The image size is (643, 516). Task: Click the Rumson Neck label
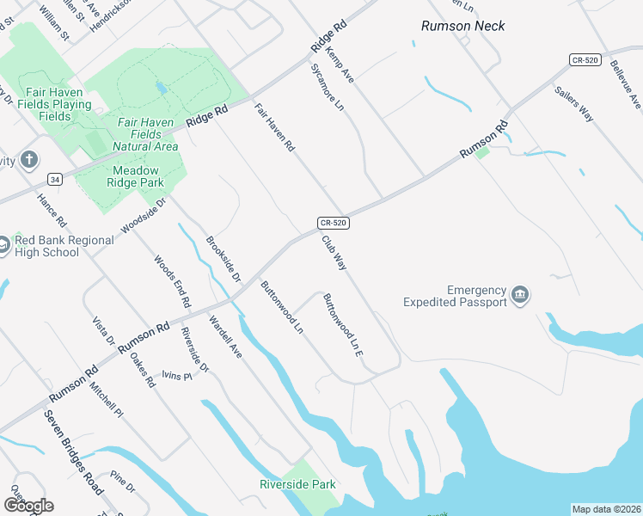tap(462, 26)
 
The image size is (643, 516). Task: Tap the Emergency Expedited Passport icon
tap(519, 295)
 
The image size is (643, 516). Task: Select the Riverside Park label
tap(297, 485)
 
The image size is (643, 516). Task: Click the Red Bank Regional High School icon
tap(3, 245)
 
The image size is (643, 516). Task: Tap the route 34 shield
tap(54, 180)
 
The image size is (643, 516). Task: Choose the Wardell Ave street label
tap(226, 337)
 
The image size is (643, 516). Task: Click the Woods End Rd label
tap(172, 281)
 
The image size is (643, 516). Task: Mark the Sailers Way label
tap(574, 104)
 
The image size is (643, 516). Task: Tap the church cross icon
tap(29, 159)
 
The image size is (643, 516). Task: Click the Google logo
tap(28, 506)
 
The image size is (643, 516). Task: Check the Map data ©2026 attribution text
tap(605, 509)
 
